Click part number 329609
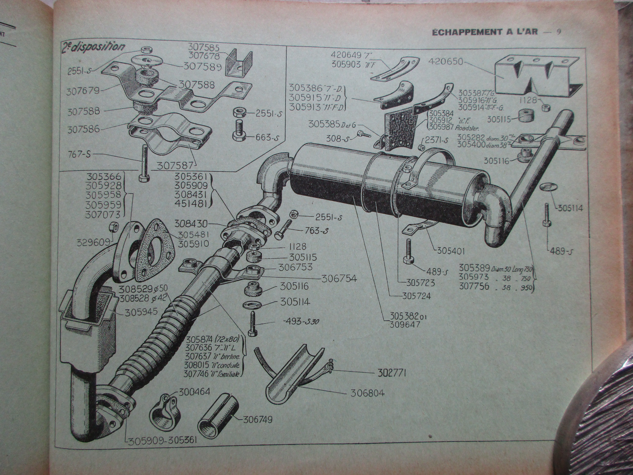click(94, 243)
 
